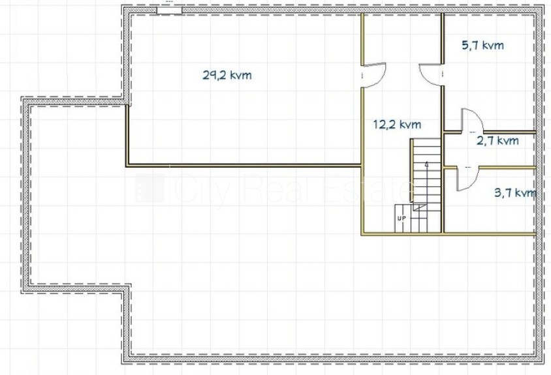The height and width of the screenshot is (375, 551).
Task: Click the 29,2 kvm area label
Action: [227, 75]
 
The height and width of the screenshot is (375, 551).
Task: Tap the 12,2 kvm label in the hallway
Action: [397, 125]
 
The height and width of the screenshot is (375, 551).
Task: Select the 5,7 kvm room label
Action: [482, 45]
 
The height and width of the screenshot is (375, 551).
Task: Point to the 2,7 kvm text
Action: [497, 141]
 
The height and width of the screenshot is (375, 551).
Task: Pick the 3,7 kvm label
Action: [515, 193]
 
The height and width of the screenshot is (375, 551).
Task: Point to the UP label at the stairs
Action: [401, 218]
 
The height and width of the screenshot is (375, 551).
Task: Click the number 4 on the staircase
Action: [426, 164]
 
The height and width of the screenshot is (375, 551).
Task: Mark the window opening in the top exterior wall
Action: [169, 10]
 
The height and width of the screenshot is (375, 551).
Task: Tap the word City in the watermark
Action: [203, 190]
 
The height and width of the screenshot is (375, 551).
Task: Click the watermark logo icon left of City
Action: [150, 188]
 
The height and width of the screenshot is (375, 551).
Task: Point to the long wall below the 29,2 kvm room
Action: [244, 165]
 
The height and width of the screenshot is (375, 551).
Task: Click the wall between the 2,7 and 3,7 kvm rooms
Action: [490, 168]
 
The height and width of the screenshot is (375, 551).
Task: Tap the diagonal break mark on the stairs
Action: [420, 207]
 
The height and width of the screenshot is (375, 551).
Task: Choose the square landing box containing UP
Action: [403, 218]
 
